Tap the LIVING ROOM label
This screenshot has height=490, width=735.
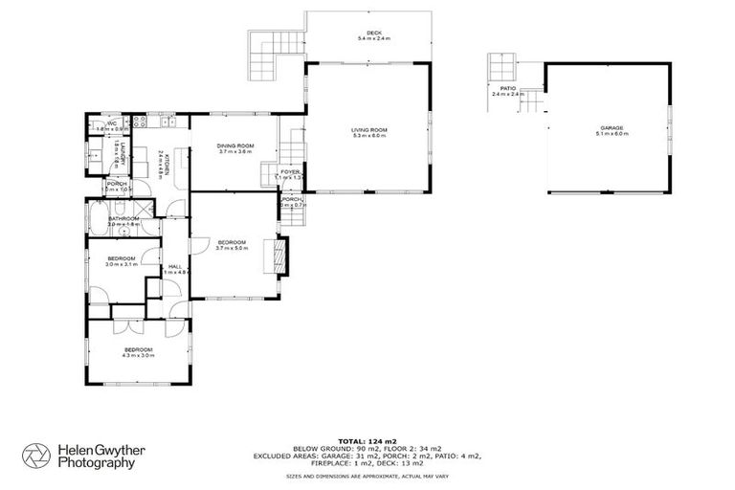coord(368,129)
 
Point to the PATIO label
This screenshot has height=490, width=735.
coord(508,88)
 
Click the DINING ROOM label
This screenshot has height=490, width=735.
coord(234,145)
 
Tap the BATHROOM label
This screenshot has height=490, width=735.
coord(124,218)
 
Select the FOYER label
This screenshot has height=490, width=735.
coord(289,171)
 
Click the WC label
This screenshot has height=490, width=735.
coord(111,122)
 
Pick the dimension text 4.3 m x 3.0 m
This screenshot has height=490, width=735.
coord(138,356)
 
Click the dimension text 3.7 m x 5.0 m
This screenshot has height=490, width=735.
coord(232,249)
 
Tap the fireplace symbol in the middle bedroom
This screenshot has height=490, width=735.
coord(280,254)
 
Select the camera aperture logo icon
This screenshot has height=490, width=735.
coord(35,455)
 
